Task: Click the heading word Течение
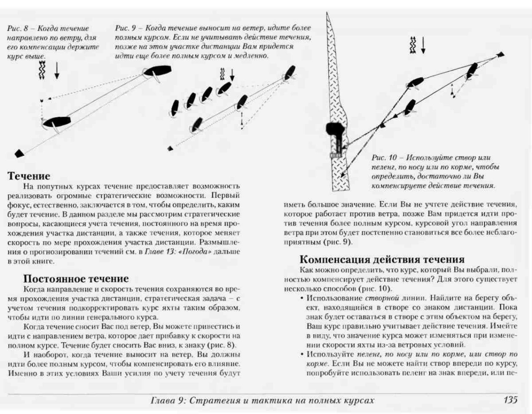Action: (29, 176)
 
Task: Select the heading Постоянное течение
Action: (76, 279)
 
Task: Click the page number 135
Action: (510, 400)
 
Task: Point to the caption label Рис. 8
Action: (18, 29)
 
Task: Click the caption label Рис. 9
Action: (125, 28)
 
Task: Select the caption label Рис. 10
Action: (384, 158)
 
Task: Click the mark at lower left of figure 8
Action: (19, 153)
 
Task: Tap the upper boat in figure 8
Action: (158, 71)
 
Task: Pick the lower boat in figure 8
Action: (57, 122)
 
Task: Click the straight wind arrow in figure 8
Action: (57, 70)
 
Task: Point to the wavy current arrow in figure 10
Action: (413, 45)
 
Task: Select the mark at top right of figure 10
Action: (500, 55)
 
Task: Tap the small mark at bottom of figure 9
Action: (170, 149)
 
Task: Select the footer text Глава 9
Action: (168, 400)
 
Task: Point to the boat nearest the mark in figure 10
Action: (472, 71)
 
